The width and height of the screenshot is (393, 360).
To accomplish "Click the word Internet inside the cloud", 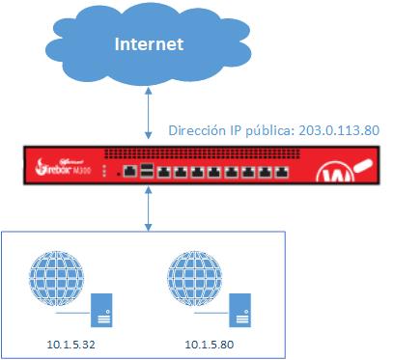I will (148, 44).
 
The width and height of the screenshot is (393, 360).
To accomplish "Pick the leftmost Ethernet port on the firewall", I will (127, 173).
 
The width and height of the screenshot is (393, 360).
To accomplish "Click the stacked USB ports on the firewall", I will (146, 173).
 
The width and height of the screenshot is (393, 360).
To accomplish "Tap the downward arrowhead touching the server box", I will (147, 227).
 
